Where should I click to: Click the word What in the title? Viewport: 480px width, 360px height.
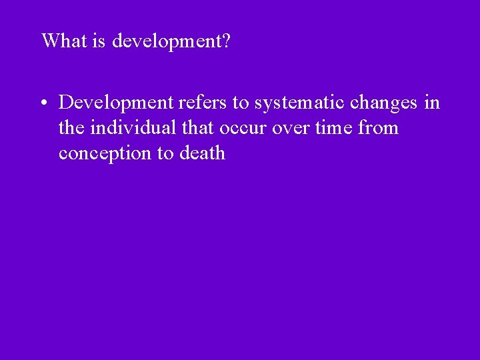pos(65,41)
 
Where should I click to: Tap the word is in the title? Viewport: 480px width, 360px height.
pos(99,41)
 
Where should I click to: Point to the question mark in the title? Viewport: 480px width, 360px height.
pos(227,41)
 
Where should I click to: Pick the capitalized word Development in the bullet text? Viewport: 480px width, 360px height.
pos(115,103)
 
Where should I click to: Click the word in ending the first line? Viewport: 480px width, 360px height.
pos(433,103)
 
